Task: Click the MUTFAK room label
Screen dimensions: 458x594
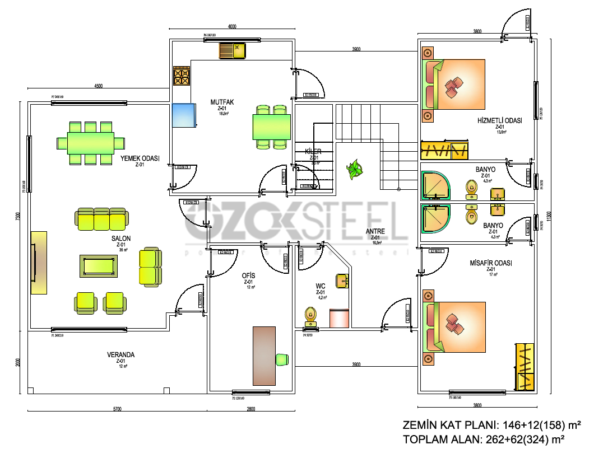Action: (221, 102)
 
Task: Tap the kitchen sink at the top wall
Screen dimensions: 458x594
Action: (233, 51)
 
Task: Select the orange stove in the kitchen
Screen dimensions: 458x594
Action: (182, 76)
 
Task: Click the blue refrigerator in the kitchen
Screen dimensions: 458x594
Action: (183, 115)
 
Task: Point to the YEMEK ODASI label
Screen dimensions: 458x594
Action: (140, 158)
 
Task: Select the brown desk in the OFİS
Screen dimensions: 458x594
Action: (264, 356)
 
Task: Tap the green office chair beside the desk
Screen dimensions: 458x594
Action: (282, 358)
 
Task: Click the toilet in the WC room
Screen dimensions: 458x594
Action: (310, 316)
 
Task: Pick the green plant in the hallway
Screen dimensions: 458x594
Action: (354, 169)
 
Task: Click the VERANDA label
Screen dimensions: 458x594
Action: (121, 354)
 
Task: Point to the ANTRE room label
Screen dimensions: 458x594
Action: (375, 231)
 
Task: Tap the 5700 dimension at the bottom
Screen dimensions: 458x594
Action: (117, 409)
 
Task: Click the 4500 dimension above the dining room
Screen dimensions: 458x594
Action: (98, 86)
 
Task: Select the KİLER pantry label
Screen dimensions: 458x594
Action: (313, 152)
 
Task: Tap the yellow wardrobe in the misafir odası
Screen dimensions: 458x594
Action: (525, 366)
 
